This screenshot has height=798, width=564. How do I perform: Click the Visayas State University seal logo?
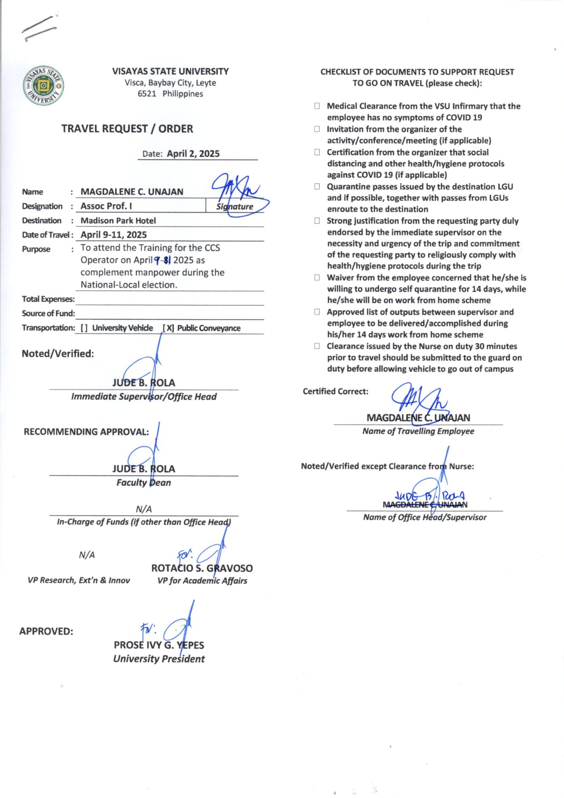[x=44, y=85]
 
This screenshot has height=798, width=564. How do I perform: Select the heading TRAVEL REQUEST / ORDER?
[x=127, y=129]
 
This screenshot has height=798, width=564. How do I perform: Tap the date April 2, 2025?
[x=193, y=154]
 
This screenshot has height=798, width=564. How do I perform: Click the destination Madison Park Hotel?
[x=118, y=221]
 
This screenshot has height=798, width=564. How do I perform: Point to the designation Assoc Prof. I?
[x=106, y=206]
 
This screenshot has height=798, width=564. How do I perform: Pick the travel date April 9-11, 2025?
[x=114, y=235]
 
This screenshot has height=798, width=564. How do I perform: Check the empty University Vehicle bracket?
[x=84, y=328]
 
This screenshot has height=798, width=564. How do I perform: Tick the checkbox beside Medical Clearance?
[x=317, y=106]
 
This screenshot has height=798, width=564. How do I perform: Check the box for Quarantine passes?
[x=317, y=187]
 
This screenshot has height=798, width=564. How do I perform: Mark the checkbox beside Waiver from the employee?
[x=317, y=278]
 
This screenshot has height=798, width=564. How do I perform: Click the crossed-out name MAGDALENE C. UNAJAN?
[x=425, y=505]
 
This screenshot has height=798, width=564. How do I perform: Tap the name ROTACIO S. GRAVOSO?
[x=202, y=568]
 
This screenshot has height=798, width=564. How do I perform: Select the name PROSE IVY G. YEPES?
[x=159, y=645]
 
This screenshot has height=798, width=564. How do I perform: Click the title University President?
[x=159, y=659]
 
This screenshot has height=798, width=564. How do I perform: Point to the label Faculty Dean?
[x=144, y=483]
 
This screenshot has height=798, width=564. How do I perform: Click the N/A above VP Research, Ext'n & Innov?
[x=87, y=555]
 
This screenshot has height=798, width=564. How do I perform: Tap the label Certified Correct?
[x=336, y=391]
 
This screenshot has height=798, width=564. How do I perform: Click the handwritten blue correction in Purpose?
[x=162, y=260]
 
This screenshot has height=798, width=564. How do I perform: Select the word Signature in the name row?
[x=235, y=207]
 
